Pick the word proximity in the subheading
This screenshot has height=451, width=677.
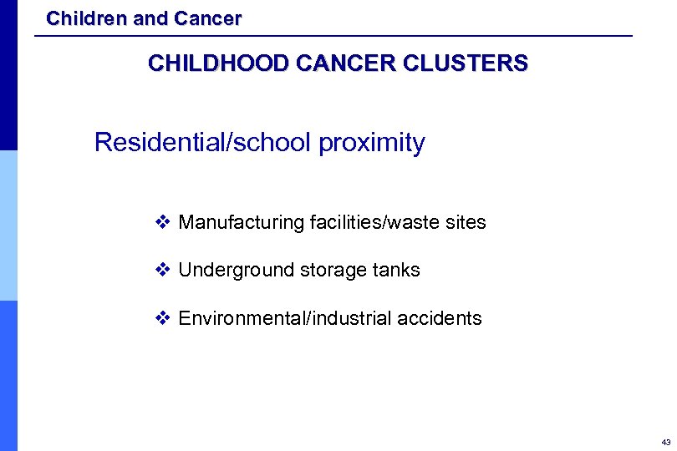372,143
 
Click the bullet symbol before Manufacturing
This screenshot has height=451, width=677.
163,222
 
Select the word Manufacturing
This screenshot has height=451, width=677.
241,223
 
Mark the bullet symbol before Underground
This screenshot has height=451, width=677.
163,270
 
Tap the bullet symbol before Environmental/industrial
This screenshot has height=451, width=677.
163,317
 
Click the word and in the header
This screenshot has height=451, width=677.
150,18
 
